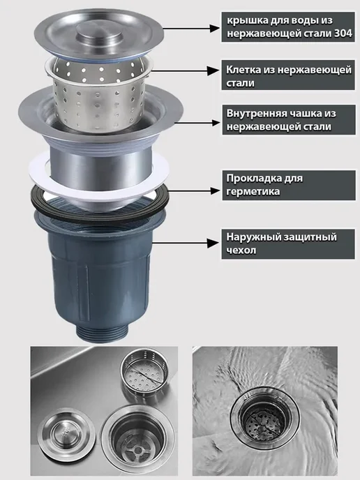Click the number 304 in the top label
tap(343, 33)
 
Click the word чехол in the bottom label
tap(241, 250)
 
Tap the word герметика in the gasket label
tap(253, 192)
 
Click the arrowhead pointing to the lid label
tap(215, 29)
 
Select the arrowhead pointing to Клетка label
tap(213, 71)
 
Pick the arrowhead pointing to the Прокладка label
tap(215, 191)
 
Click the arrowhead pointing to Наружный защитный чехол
tap(213, 243)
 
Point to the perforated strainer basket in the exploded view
tap(98, 98)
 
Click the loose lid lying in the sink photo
tap(66, 433)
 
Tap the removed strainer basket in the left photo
tap(144, 370)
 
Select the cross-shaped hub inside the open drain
tap(138, 450)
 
